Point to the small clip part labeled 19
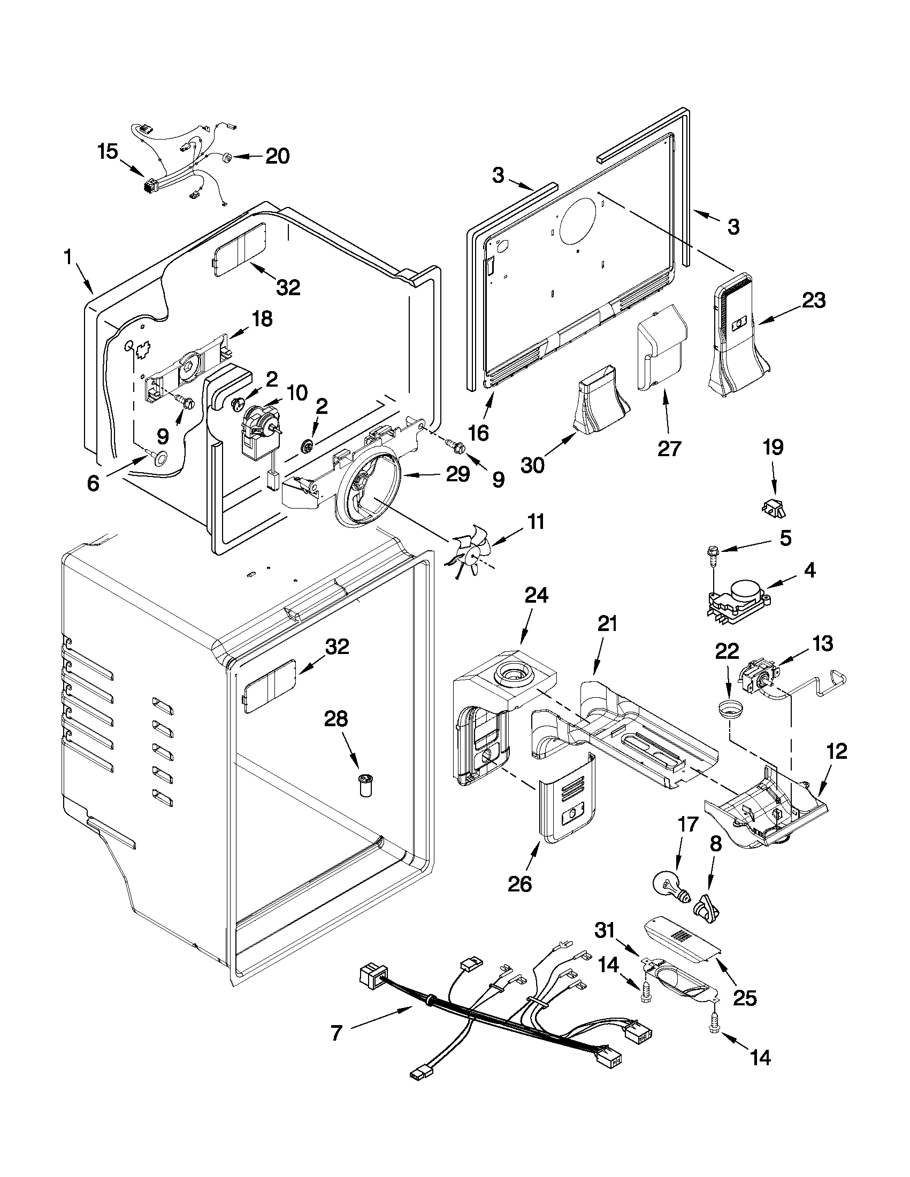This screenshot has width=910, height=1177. (x=774, y=508)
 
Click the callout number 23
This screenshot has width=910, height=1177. (x=813, y=301)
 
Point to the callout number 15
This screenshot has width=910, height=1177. (x=108, y=152)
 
